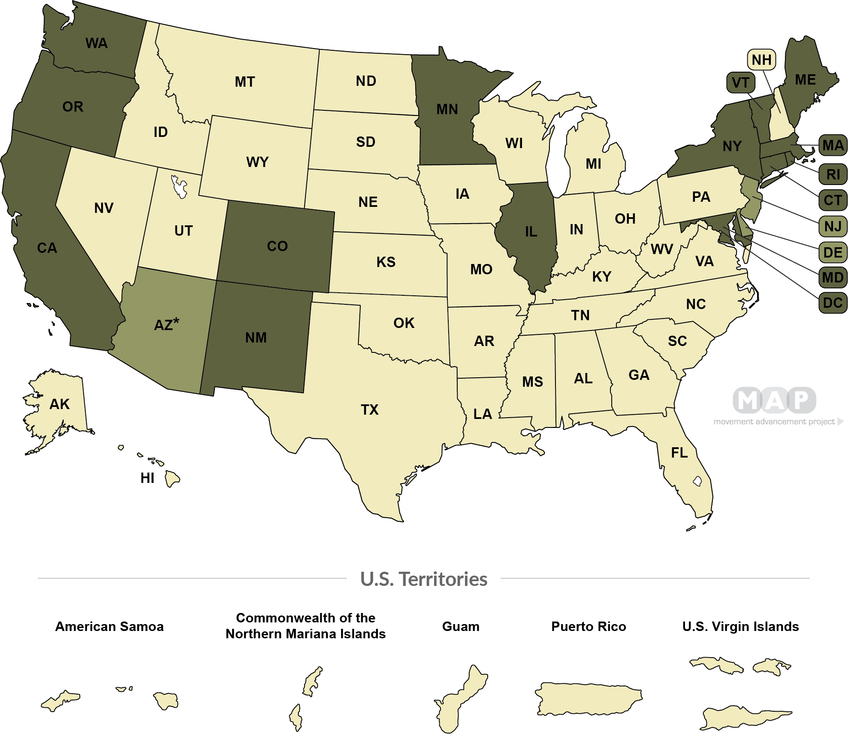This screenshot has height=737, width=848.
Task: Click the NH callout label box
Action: coord(761,60)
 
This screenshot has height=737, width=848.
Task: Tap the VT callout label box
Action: coord(740,82)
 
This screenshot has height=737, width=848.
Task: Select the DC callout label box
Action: coord(833,303)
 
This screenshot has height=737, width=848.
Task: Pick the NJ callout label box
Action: coord(833,226)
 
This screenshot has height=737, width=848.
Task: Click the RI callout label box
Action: coord(833,174)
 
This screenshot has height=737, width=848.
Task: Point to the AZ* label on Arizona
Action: coord(166,324)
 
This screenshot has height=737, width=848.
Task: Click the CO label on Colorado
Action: coord(277,246)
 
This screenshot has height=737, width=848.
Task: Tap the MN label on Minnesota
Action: coord(447,109)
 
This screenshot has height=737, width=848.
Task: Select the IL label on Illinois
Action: coord(531,232)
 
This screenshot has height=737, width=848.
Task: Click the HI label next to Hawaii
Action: coord(147,478)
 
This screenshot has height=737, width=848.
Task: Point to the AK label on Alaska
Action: coord(59,404)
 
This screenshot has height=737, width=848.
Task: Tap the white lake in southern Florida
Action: coord(697,481)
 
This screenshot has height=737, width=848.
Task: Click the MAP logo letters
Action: coord(774,400)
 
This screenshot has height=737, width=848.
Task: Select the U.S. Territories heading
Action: coord(423,579)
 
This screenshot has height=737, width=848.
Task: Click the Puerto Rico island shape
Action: coord(588,698)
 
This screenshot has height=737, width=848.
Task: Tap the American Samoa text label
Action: coord(109,627)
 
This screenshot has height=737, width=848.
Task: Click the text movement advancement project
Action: coord(774,422)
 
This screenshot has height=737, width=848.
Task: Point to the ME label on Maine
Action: coord(805,80)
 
